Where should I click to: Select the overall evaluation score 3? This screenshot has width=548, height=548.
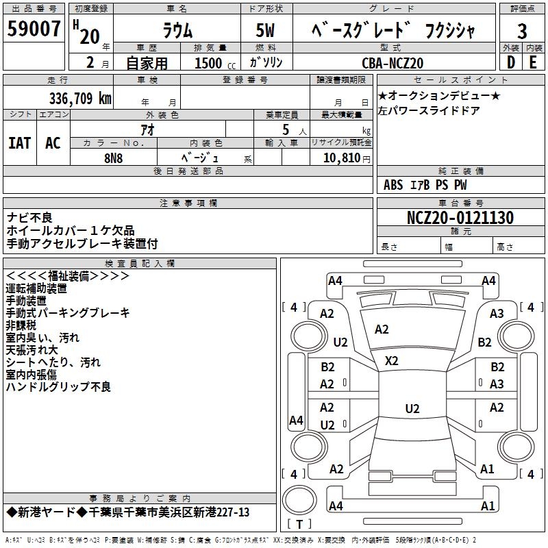pyautogui.click(x=522, y=32)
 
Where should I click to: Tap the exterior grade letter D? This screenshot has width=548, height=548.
pyautogui.click(x=510, y=62)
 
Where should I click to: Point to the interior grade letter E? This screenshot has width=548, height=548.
pyautogui.click(x=533, y=62)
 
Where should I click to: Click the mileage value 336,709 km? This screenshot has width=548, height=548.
pyautogui.click(x=80, y=98)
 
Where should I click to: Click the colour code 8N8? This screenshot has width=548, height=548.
pyautogui.click(x=114, y=157)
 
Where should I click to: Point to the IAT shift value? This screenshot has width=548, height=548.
pyautogui.click(x=19, y=143)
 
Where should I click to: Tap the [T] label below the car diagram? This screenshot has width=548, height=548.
pyautogui.click(x=299, y=524)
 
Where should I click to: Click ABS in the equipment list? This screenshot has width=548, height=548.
pyautogui.click(x=393, y=185)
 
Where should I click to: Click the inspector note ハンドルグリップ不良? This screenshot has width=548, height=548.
pyautogui.click(x=58, y=387)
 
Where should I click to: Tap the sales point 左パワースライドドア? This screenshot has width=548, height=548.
pyautogui.click(x=429, y=110)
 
